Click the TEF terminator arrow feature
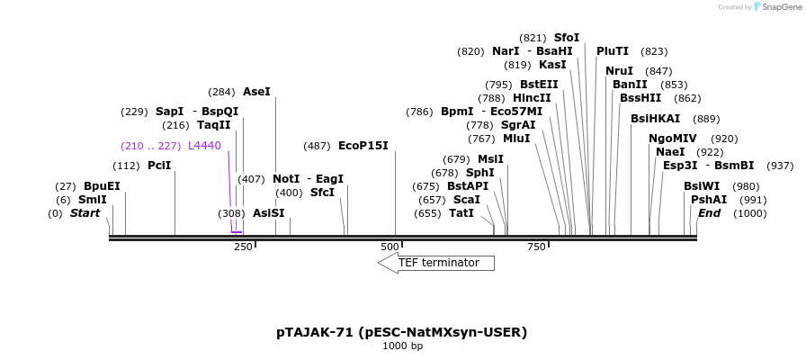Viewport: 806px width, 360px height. [x=436, y=263]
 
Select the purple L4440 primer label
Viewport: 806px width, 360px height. [x=204, y=146]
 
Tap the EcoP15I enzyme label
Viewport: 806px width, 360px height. [x=363, y=146]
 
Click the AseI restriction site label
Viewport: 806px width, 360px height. [x=256, y=92]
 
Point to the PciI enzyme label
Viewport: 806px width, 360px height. [x=159, y=166]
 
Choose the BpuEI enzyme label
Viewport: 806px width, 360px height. [x=102, y=186]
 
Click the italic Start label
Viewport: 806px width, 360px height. [x=85, y=213]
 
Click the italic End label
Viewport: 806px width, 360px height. [x=709, y=213]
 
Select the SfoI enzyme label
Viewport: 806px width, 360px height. [x=567, y=38]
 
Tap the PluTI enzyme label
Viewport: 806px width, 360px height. [x=613, y=51]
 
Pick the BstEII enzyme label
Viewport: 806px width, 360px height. [x=539, y=85]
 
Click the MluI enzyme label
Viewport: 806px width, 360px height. [x=516, y=139]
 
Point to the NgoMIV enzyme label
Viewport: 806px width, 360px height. [x=673, y=139]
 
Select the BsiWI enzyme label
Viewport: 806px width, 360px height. [x=702, y=186]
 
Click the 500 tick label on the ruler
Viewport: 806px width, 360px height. [x=390, y=247]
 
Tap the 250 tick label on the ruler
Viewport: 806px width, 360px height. [x=243, y=247]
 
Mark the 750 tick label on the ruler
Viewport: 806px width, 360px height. [x=537, y=247]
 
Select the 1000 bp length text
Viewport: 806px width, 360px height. [x=402, y=346]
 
